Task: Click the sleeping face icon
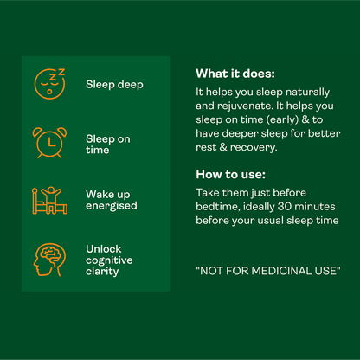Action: click(49, 84)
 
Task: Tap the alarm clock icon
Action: click(49, 143)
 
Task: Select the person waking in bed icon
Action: click(49, 201)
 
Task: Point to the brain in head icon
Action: click(49, 260)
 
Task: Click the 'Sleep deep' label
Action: click(114, 85)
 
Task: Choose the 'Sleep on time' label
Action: click(108, 145)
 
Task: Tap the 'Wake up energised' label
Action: click(112, 200)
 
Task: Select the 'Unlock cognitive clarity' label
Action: click(109, 260)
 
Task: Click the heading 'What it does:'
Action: click(235, 74)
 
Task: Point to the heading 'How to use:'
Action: click(230, 174)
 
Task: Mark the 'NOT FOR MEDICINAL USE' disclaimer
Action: click(268, 271)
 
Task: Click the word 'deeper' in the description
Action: click(240, 134)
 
